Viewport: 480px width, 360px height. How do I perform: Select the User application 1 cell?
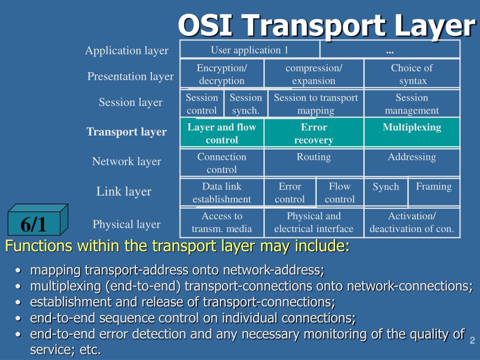[x=250, y=50]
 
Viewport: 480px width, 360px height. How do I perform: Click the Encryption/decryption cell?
[x=222, y=74]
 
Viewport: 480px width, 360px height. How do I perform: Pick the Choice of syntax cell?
[x=412, y=74]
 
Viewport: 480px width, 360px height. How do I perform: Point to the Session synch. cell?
[x=246, y=104]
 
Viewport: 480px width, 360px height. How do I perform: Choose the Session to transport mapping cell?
[x=315, y=104]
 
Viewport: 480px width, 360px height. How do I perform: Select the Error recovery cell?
[x=314, y=134]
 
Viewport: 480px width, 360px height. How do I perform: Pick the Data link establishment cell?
[x=222, y=193]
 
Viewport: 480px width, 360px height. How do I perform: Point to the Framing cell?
[x=434, y=187]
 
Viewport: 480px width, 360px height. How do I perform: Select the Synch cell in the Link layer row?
[x=386, y=187]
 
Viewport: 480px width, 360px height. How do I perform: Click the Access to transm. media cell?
[x=222, y=222]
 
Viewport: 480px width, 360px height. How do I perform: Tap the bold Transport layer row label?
[x=126, y=132]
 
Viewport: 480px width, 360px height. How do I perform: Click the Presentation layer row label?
[x=130, y=76]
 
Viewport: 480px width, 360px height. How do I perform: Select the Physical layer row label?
[x=127, y=224]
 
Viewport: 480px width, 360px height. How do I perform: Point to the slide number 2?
[x=472, y=339]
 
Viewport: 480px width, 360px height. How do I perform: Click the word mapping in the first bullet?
[x=56, y=270]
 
